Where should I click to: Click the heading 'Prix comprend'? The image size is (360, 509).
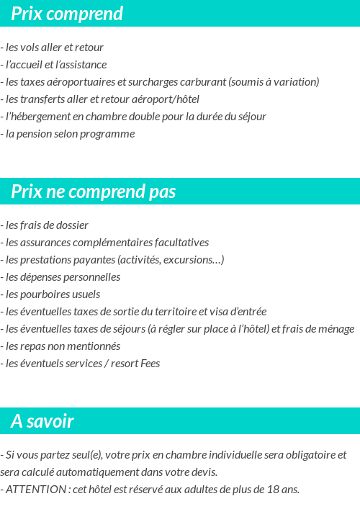(67, 14)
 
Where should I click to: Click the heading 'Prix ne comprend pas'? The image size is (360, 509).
(94, 192)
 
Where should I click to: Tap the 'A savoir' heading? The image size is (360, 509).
(42, 421)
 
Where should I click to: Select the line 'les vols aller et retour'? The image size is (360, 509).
(55, 48)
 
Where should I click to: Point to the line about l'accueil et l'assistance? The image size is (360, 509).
(56, 65)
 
